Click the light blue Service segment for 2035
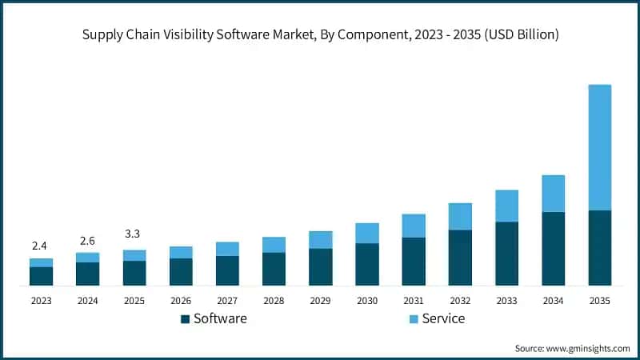600,147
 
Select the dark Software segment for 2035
600,248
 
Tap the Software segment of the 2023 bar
41,276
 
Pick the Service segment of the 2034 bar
553,194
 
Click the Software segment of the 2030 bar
366,264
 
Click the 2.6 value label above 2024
87,241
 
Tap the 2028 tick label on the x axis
274,300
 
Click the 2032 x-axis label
460,300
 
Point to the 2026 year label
181,300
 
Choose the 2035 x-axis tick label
600,300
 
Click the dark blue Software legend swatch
186,319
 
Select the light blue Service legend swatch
413,319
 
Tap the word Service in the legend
443,318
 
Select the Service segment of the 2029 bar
320,239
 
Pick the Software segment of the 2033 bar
506,254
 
